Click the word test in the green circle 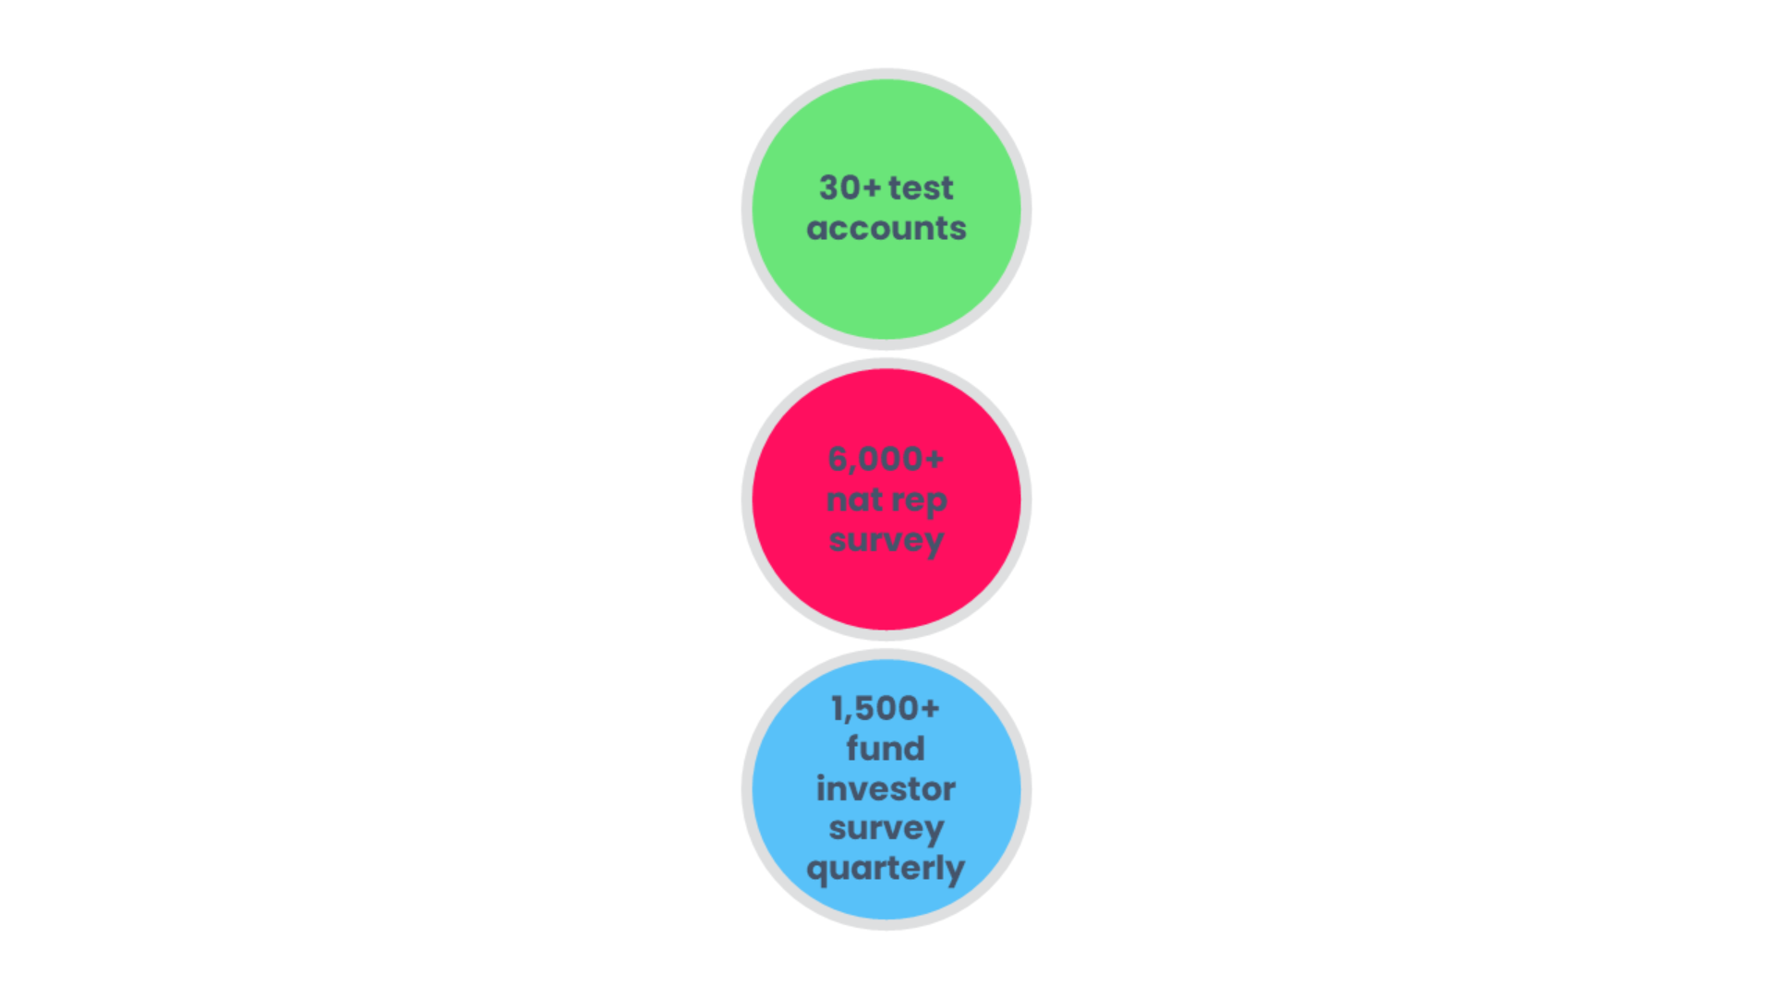pos(920,188)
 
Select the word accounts pos(886,229)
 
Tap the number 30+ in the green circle pos(850,188)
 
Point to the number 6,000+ pos(886,459)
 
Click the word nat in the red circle pos(854,499)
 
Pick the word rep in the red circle pos(919,501)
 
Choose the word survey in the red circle pos(886,541)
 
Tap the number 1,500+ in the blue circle pos(886,709)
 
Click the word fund pos(886,749)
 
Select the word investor pos(886,789)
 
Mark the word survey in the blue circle pos(886,829)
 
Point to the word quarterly pos(886,870)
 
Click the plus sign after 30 pos(872,188)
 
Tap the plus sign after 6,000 pos(934,459)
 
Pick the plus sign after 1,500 pos(930,709)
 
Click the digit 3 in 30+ pos(828,188)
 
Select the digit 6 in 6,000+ pos(838,459)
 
